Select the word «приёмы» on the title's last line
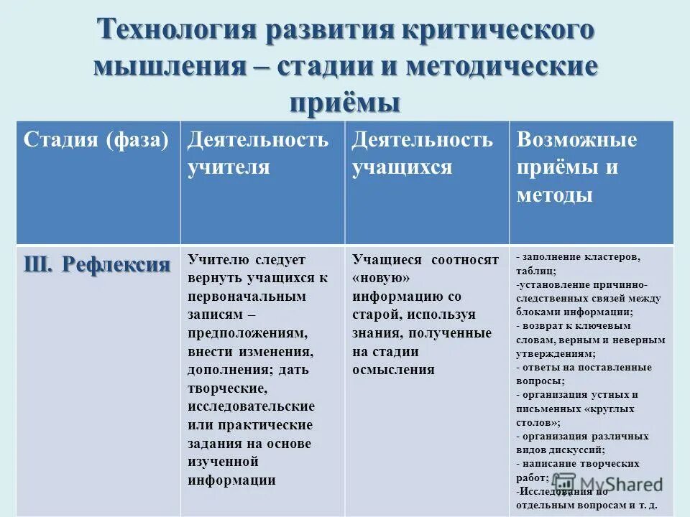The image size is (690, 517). [x=344, y=102]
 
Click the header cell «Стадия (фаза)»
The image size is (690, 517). [x=96, y=139]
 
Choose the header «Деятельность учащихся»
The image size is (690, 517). [x=422, y=153]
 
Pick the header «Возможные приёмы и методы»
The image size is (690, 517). [x=576, y=167]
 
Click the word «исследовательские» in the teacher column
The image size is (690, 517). [x=251, y=406]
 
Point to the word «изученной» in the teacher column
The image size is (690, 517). [x=223, y=462]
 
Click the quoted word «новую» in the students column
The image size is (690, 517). [x=381, y=278]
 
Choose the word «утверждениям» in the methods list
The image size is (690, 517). [x=554, y=353]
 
